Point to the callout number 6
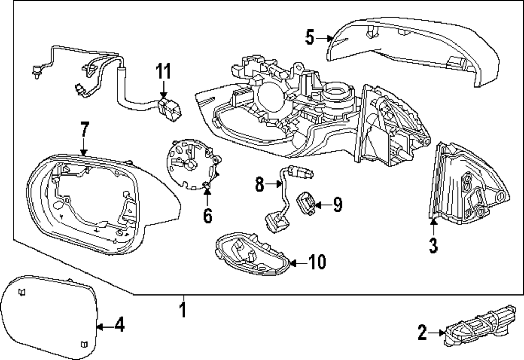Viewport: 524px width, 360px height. (208, 215)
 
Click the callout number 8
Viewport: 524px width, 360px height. (259, 184)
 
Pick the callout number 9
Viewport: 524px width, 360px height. (336, 204)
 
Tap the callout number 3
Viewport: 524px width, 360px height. (433, 245)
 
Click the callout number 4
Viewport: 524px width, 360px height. (119, 326)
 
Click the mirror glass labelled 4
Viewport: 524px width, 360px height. (50, 314)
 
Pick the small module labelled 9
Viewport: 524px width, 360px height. (307, 203)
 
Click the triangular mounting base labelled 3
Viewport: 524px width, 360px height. (466, 189)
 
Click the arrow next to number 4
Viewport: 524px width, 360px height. (104, 326)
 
